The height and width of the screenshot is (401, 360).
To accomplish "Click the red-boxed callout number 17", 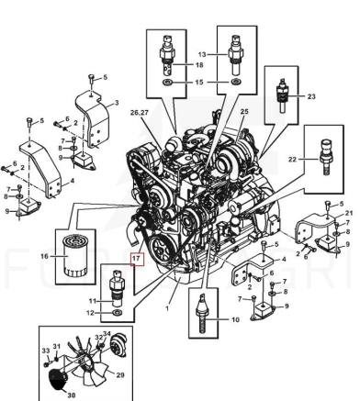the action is [137, 259].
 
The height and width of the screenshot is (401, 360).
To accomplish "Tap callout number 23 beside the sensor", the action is [311, 96].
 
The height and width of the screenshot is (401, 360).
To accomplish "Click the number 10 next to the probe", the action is [235, 320].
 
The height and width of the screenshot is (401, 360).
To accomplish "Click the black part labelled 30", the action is [58, 380].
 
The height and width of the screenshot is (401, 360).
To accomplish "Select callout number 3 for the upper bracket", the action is [117, 103].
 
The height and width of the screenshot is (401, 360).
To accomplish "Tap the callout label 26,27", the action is [140, 113].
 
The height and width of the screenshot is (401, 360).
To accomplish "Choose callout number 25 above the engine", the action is [244, 112].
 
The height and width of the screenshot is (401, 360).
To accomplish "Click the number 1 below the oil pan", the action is [167, 308].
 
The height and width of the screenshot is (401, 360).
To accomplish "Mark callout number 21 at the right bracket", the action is [349, 213].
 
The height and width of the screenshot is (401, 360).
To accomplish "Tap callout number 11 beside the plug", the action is [93, 301].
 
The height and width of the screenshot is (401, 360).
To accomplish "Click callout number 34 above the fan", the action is [107, 333].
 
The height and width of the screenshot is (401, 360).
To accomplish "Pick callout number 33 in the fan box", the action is [46, 351].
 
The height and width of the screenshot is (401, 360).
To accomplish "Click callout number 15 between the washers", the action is [199, 83].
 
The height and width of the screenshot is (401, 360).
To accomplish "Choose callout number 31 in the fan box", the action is [57, 346].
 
